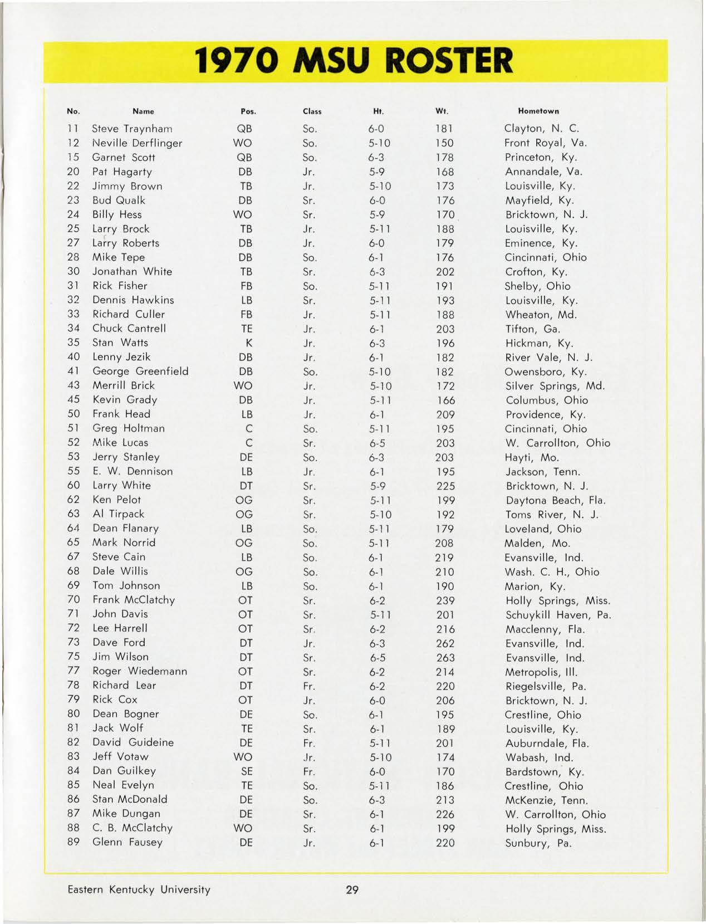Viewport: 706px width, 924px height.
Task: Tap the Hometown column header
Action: [x=538, y=111]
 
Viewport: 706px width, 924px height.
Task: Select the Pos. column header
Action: [x=248, y=111]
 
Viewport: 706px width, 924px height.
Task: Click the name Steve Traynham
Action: [x=132, y=129]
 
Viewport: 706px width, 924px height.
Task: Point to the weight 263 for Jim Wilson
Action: [x=445, y=658]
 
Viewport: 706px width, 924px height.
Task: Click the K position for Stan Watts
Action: [x=248, y=343]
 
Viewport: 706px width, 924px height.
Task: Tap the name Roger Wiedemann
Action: [x=139, y=671]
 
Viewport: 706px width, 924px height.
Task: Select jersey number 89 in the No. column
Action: [x=73, y=842]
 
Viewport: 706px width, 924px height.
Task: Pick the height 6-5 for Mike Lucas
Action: [x=377, y=443]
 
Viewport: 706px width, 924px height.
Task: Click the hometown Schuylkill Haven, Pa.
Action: [x=558, y=615]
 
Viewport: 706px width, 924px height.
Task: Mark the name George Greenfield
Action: [x=140, y=371]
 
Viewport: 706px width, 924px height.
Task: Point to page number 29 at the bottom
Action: [x=352, y=889]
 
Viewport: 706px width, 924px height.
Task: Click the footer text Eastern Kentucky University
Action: [x=139, y=889]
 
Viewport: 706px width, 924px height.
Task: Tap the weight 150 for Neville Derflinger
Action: [x=444, y=143]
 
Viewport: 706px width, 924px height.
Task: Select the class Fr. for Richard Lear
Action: [x=309, y=686]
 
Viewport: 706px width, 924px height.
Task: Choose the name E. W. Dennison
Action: [x=133, y=471]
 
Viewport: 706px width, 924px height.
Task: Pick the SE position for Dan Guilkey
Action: [x=246, y=771]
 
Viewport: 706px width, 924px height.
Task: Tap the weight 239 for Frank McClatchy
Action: [x=445, y=600]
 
